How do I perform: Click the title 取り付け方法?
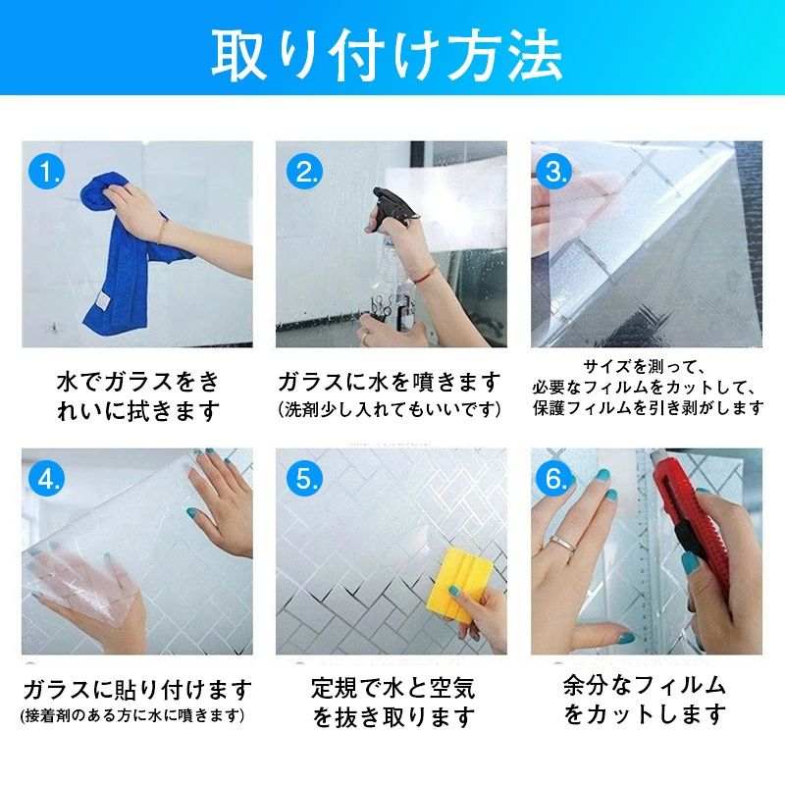(x=387, y=54)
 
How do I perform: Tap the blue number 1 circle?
(x=46, y=171)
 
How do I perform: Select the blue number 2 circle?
(x=304, y=171)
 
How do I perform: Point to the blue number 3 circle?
(x=553, y=171)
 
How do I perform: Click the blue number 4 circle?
(x=46, y=478)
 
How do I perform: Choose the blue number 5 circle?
(x=304, y=478)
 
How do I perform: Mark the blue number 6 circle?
(x=553, y=478)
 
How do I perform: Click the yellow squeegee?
(x=458, y=583)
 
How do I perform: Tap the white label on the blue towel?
(x=103, y=300)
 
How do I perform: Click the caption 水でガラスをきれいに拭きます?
(x=138, y=396)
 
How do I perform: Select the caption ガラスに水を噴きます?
(x=389, y=382)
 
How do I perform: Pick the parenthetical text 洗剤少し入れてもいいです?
(x=389, y=409)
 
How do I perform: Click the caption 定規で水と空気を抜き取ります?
(x=392, y=702)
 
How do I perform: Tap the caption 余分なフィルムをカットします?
(x=645, y=700)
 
